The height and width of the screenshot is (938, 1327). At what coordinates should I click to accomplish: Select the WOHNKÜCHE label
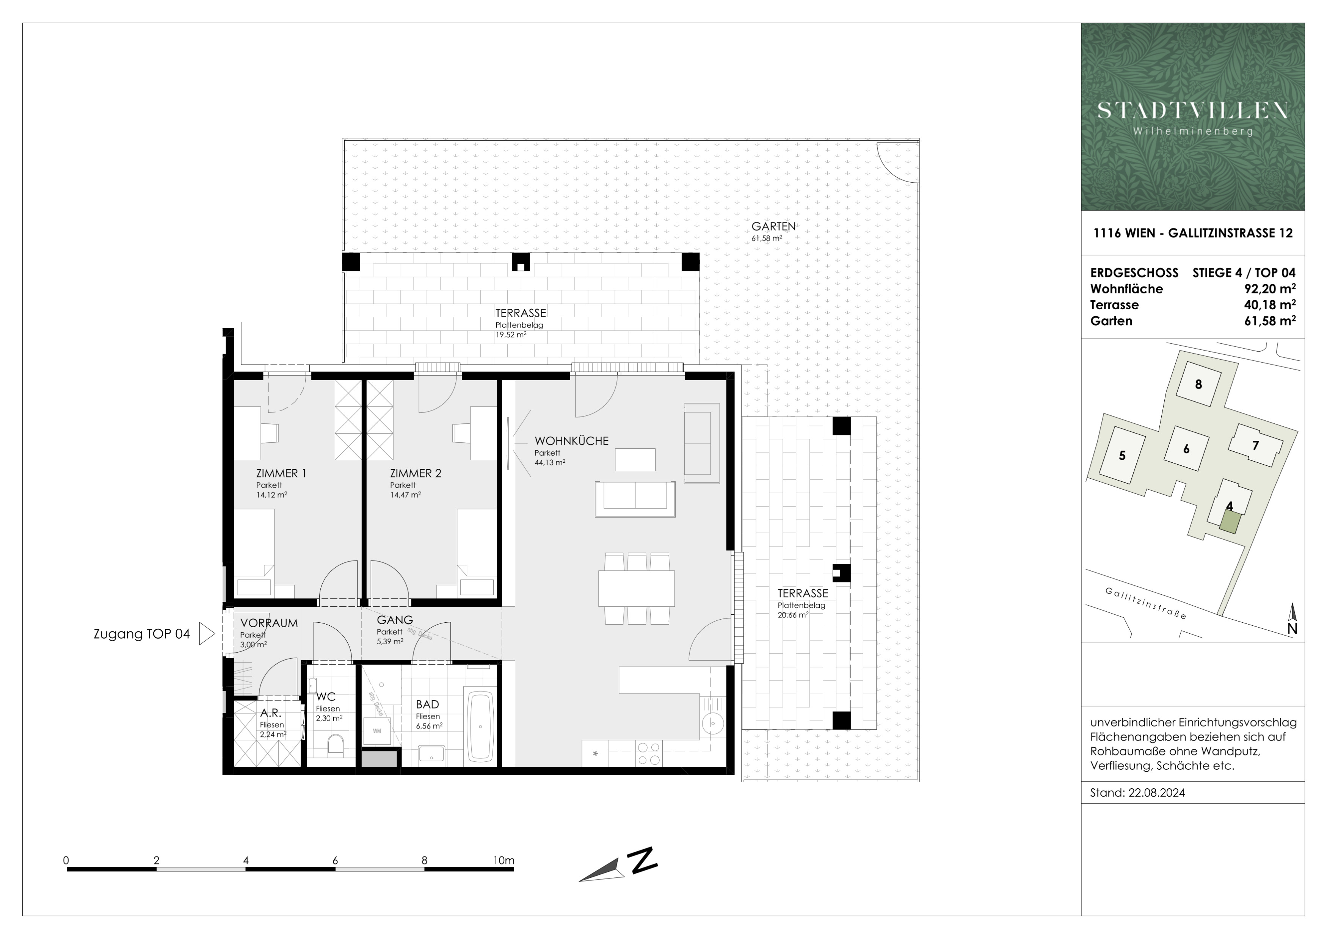pos(572,441)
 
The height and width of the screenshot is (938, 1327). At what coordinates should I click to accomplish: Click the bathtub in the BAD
pos(480,726)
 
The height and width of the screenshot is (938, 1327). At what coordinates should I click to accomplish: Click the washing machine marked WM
pos(377,731)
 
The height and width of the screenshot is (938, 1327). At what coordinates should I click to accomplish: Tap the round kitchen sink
pos(713,723)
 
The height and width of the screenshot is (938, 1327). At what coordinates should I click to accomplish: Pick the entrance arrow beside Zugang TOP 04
pos(206,634)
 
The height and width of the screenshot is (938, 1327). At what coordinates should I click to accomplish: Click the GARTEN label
pos(773,226)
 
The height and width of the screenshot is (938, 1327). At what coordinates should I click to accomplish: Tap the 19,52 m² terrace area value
pos(511,334)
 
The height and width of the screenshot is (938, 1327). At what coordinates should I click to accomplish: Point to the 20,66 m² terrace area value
pos(793,615)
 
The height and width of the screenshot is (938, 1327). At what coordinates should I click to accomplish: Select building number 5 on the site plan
pos(1122,456)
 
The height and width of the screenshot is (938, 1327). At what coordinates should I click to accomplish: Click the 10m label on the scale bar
pos(504,861)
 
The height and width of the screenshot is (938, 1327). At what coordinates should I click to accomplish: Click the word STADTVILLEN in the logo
pos(1193,110)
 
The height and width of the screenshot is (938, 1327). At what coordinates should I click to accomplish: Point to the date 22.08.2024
pos(1156,793)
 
